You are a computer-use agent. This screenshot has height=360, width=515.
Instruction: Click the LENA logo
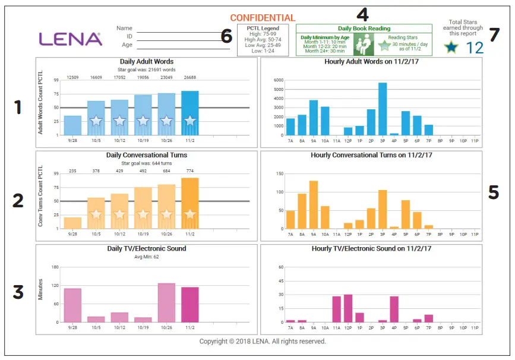[x=71, y=39]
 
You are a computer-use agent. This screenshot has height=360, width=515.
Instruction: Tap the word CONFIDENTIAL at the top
[x=262, y=18]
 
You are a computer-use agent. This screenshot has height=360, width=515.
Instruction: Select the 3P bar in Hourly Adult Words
[x=383, y=109]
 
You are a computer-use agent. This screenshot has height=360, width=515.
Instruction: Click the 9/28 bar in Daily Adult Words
[x=72, y=125]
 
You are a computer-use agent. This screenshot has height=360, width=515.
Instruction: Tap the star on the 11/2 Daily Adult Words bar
[x=189, y=121]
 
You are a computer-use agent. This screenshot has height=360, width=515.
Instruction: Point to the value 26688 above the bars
[x=189, y=77]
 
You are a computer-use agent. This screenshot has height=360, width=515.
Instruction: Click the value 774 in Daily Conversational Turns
[x=189, y=171]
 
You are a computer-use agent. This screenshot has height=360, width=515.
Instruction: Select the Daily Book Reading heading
[x=364, y=29]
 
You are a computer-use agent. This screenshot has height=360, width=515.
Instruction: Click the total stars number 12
[x=475, y=48]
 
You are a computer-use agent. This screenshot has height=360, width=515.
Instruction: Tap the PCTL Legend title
[x=263, y=29]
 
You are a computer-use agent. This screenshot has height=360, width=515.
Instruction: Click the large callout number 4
[x=362, y=12]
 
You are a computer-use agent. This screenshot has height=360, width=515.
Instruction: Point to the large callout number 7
[x=494, y=34]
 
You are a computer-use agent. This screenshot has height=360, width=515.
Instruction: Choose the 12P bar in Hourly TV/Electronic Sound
[x=347, y=308]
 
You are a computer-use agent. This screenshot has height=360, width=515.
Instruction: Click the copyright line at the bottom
[x=262, y=342]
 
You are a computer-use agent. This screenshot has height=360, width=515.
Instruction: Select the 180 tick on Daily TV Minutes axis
[x=55, y=267]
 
